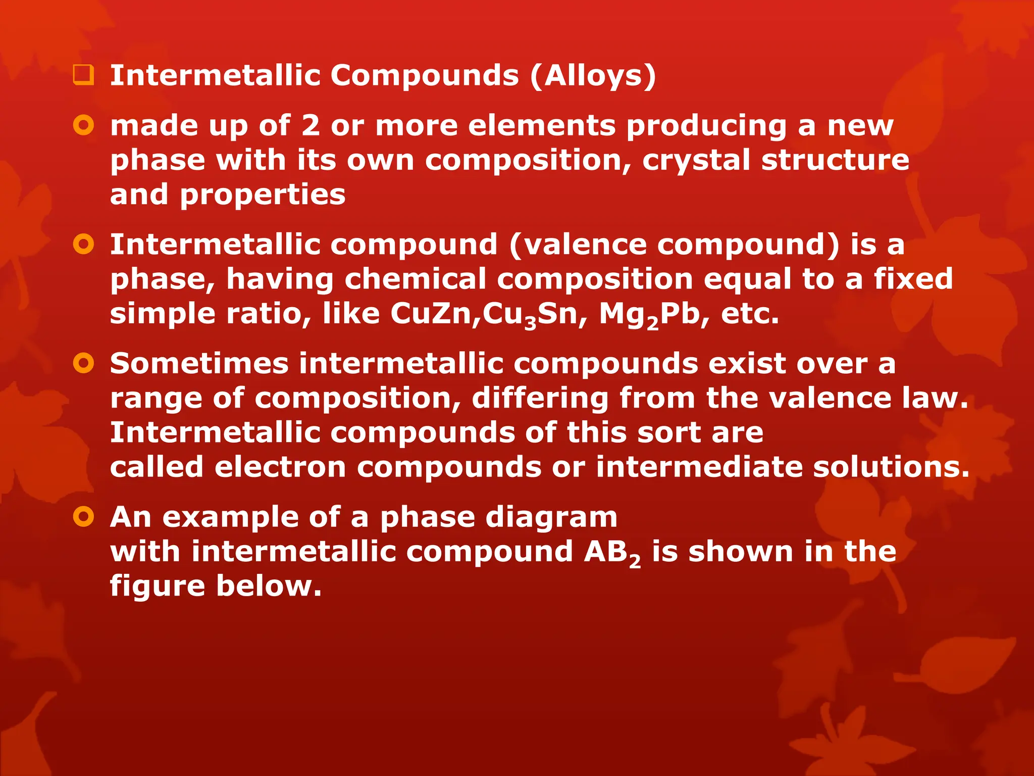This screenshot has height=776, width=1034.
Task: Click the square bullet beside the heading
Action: point(83,76)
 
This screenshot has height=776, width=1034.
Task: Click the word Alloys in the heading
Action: point(593,76)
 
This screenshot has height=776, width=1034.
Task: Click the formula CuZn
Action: point(433,314)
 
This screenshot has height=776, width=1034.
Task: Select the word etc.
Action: point(750,314)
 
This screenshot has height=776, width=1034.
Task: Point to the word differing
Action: point(540,399)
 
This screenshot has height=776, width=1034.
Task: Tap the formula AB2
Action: point(612,552)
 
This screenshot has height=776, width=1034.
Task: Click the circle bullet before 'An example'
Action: point(83,517)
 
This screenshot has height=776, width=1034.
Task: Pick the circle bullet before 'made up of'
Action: point(83,125)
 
